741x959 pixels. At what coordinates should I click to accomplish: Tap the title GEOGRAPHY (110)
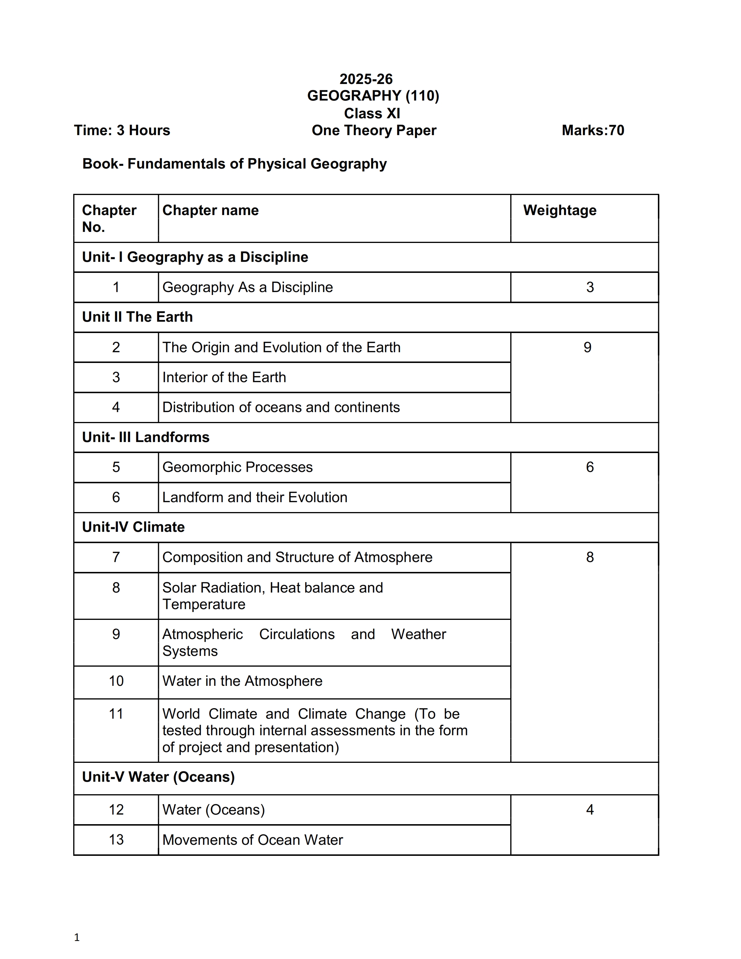373,96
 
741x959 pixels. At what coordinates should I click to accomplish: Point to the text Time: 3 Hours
122,130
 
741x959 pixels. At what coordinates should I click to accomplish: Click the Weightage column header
560,210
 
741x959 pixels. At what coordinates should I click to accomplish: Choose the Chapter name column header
211,210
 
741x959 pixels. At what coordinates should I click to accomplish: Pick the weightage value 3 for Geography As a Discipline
590,287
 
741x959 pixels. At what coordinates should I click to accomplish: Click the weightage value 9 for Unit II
587,347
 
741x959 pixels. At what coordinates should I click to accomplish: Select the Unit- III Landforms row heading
146,437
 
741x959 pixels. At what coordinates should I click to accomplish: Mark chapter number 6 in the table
116,498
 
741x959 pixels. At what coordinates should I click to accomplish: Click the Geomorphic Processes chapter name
237,467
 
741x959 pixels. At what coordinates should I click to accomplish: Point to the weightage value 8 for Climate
590,557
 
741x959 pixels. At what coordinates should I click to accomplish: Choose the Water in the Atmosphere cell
242,681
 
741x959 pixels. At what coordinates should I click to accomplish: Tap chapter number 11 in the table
116,714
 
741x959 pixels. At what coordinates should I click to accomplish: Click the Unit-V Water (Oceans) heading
158,777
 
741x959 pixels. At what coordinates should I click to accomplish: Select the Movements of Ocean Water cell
253,840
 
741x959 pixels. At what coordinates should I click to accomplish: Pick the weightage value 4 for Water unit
590,810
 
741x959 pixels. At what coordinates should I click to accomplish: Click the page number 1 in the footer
77,938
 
